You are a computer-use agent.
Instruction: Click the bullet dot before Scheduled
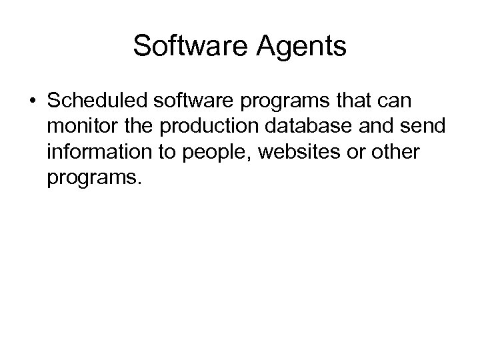pos(32,101)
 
